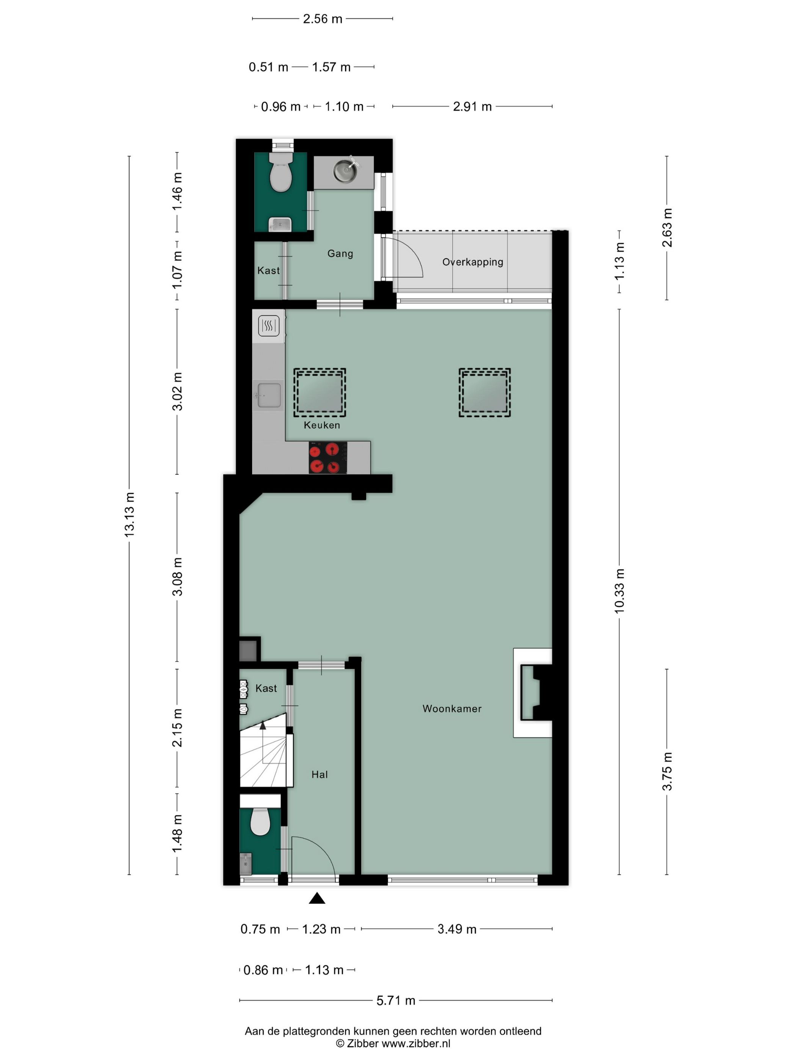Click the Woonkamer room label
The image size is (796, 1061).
click(x=451, y=709)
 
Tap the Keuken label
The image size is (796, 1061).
click(x=321, y=425)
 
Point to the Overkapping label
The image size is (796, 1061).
click(x=473, y=262)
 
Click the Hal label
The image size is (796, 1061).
click(x=320, y=774)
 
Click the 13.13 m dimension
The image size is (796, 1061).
click(x=129, y=514)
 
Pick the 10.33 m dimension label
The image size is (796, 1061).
click(x=619, y=591)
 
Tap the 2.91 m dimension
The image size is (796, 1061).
click(x=472, y=106)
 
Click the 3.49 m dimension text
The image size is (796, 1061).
click(x=457, y=929)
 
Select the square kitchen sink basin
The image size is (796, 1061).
click(x=269, y=396)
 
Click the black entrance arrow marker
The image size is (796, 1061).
click(x=317, y=898)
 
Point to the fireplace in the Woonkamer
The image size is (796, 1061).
click(x=534, y=693)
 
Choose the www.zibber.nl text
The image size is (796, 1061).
click(x=415, y=1044)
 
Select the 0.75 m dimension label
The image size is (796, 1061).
click(x=260, y=929)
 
